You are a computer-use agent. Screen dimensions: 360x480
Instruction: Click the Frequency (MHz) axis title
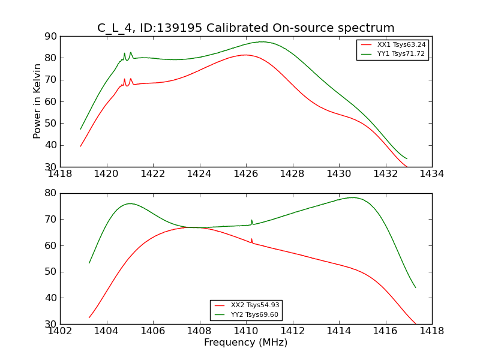point(245,343)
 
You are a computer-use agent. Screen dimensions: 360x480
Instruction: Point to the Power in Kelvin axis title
point(38,101)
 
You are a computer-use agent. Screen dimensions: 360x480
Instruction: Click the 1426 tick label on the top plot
point(245,174)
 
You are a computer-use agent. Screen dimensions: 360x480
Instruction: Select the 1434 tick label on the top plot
point(431,174)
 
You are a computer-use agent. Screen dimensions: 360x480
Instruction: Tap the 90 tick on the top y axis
point(50,36)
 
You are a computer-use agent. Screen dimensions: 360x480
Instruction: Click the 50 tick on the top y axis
point(50,123)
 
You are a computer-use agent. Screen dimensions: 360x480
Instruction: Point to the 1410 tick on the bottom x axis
point(245,331)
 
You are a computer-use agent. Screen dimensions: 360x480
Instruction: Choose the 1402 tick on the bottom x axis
point(61,331)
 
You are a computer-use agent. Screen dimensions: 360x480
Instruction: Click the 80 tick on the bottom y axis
point(50,193)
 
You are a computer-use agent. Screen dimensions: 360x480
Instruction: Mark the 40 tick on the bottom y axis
point(50,298)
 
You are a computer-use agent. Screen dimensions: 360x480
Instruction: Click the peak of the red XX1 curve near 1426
point(245,55)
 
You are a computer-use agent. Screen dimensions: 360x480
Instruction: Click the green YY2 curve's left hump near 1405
point(130,203)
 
